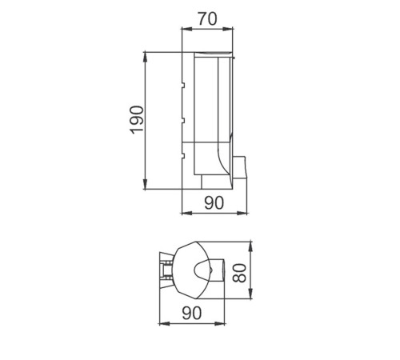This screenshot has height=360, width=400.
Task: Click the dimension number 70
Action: [207, 19]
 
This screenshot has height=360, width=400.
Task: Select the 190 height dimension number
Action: [137, 119]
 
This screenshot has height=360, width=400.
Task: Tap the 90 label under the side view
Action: [214, 203]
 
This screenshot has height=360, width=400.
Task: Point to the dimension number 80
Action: [239, 273]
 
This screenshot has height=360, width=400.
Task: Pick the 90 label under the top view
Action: [192, 313]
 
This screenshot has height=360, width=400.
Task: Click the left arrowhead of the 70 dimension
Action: [186, 29]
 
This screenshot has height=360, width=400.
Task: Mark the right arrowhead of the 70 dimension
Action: [227, 29]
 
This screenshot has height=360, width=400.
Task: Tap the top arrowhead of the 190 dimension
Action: [145, 58]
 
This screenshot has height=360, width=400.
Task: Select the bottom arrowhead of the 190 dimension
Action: [145, 184]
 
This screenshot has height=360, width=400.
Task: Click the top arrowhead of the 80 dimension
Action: [250, 246]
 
